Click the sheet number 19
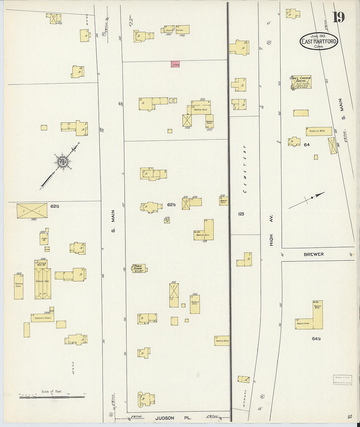339,17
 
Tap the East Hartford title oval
319,42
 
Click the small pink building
175,64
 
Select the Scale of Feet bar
52,397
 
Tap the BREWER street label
313,254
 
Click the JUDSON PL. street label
173,418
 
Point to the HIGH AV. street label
271,231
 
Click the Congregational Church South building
301,82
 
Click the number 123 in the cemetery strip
241,214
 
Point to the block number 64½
316,339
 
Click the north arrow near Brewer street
307,200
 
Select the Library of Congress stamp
342,380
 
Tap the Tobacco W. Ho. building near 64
318,131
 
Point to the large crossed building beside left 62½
32,210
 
